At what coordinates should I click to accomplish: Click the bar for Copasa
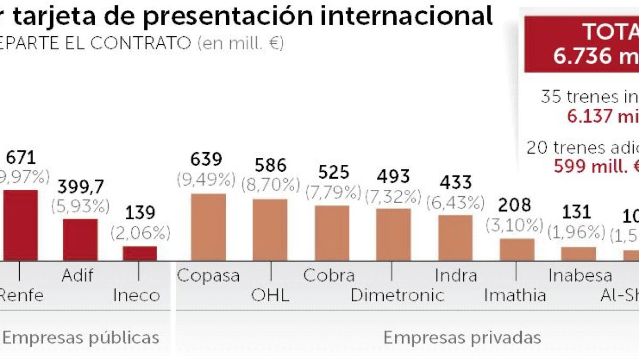[x=208, y=227]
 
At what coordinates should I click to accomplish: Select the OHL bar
[x=270, y=229]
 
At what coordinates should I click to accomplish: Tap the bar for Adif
[x=80, y=239]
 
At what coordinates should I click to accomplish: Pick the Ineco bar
[x=140, y=253]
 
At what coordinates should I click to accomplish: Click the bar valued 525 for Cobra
[x=332, y=233]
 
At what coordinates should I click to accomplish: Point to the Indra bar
[x=455, y=237]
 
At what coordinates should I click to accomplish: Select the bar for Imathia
[x=517, y=249]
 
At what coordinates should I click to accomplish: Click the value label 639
[x=206, y=160]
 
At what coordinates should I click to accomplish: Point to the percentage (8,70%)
[x=270, y=185]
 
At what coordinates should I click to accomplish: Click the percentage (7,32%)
[x=393, y=197]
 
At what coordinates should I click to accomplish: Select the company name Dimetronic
[x=397, y=295]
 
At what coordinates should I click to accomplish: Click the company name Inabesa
[x=580, y=275]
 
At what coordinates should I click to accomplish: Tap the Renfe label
[x=21, y=295]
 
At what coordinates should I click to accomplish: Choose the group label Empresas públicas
[x=81, y=337]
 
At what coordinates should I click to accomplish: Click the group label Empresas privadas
[x=462, y=337]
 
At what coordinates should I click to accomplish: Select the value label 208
[x=515, y=205]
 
